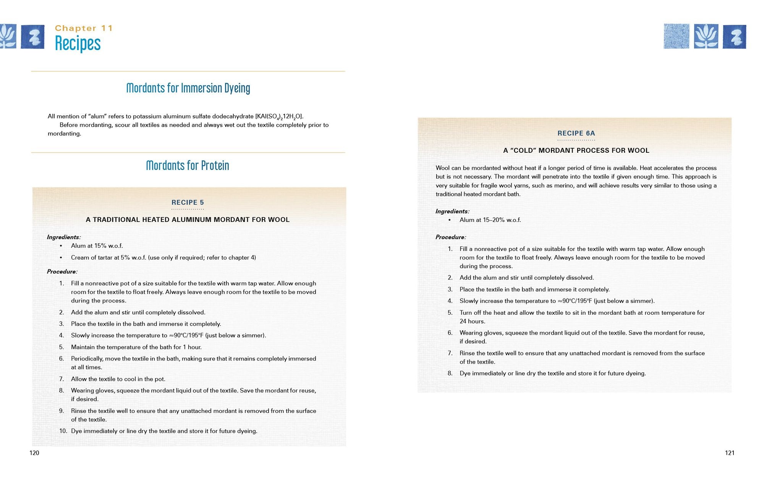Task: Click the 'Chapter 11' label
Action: [x=84, y=28]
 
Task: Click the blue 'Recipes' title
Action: [x=78, y=43]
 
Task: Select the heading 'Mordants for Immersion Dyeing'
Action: [x=188, y=88]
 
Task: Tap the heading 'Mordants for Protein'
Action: [x=188, y=166]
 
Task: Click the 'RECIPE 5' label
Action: [x=188, y=203]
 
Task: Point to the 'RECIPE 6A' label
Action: [x=576, y=133]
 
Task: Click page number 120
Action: [x=34, y=453]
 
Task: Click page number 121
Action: [x=730, y=453]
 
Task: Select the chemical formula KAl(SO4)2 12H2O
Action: [x=279, y=116]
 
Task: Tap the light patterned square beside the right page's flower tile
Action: [x=677, y=36]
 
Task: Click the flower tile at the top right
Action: [x=706, y=36]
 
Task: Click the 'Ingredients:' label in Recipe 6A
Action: [x=452, y=212]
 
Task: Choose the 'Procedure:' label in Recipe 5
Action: [x=62, y=272]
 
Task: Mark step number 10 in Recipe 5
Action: [x=63, y=431]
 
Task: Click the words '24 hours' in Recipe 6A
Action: [x=472, y=322]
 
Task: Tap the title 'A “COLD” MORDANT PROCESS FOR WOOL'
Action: [x=576, y=150]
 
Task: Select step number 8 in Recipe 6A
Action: [x=450, y=374]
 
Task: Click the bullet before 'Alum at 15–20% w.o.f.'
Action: [x=450, y=220]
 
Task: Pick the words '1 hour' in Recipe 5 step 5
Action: [x=192, y=347]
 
